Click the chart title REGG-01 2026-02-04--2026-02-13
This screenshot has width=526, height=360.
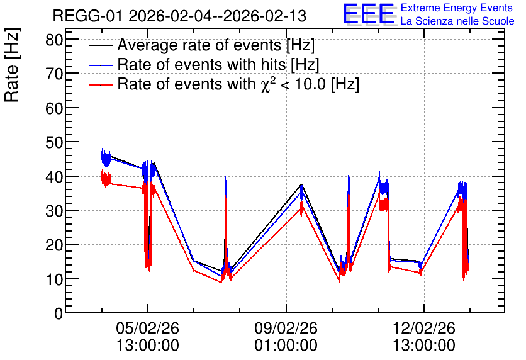coord(179,16)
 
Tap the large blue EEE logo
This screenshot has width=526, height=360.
coord(369,14)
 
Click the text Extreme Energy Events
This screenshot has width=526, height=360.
coord(457,8)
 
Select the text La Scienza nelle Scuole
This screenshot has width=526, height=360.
coord(457,21)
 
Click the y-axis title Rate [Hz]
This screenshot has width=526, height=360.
coord(12,65)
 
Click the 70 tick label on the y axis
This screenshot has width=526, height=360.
coord(54,74)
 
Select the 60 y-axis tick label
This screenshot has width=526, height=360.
coord(54,108)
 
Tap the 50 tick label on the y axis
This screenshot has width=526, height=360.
coord(54,143)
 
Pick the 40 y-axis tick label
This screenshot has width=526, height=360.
coord(54,177)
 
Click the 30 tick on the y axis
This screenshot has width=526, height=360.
coord(54,211)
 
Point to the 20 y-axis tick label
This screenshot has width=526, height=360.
coord(54,245)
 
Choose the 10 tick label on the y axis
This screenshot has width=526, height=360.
coord(54,279)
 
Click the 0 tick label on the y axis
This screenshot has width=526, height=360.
coord(59,313)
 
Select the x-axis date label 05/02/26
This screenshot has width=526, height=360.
coord(148,328)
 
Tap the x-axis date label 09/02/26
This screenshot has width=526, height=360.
coord(286,328)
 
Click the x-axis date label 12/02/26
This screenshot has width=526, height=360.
coord(424,328)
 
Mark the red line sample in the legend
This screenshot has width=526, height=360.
coord(100,84)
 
